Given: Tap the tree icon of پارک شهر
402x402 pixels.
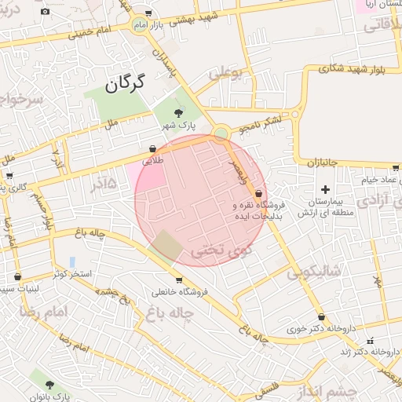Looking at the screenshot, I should point(178,115).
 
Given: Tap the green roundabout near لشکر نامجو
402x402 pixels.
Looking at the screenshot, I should point(221,133).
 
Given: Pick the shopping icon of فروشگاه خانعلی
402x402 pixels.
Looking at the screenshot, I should point(179,280).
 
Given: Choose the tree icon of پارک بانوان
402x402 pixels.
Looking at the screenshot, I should point(50,386).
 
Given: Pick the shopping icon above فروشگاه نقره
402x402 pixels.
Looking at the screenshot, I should point(259,193).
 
